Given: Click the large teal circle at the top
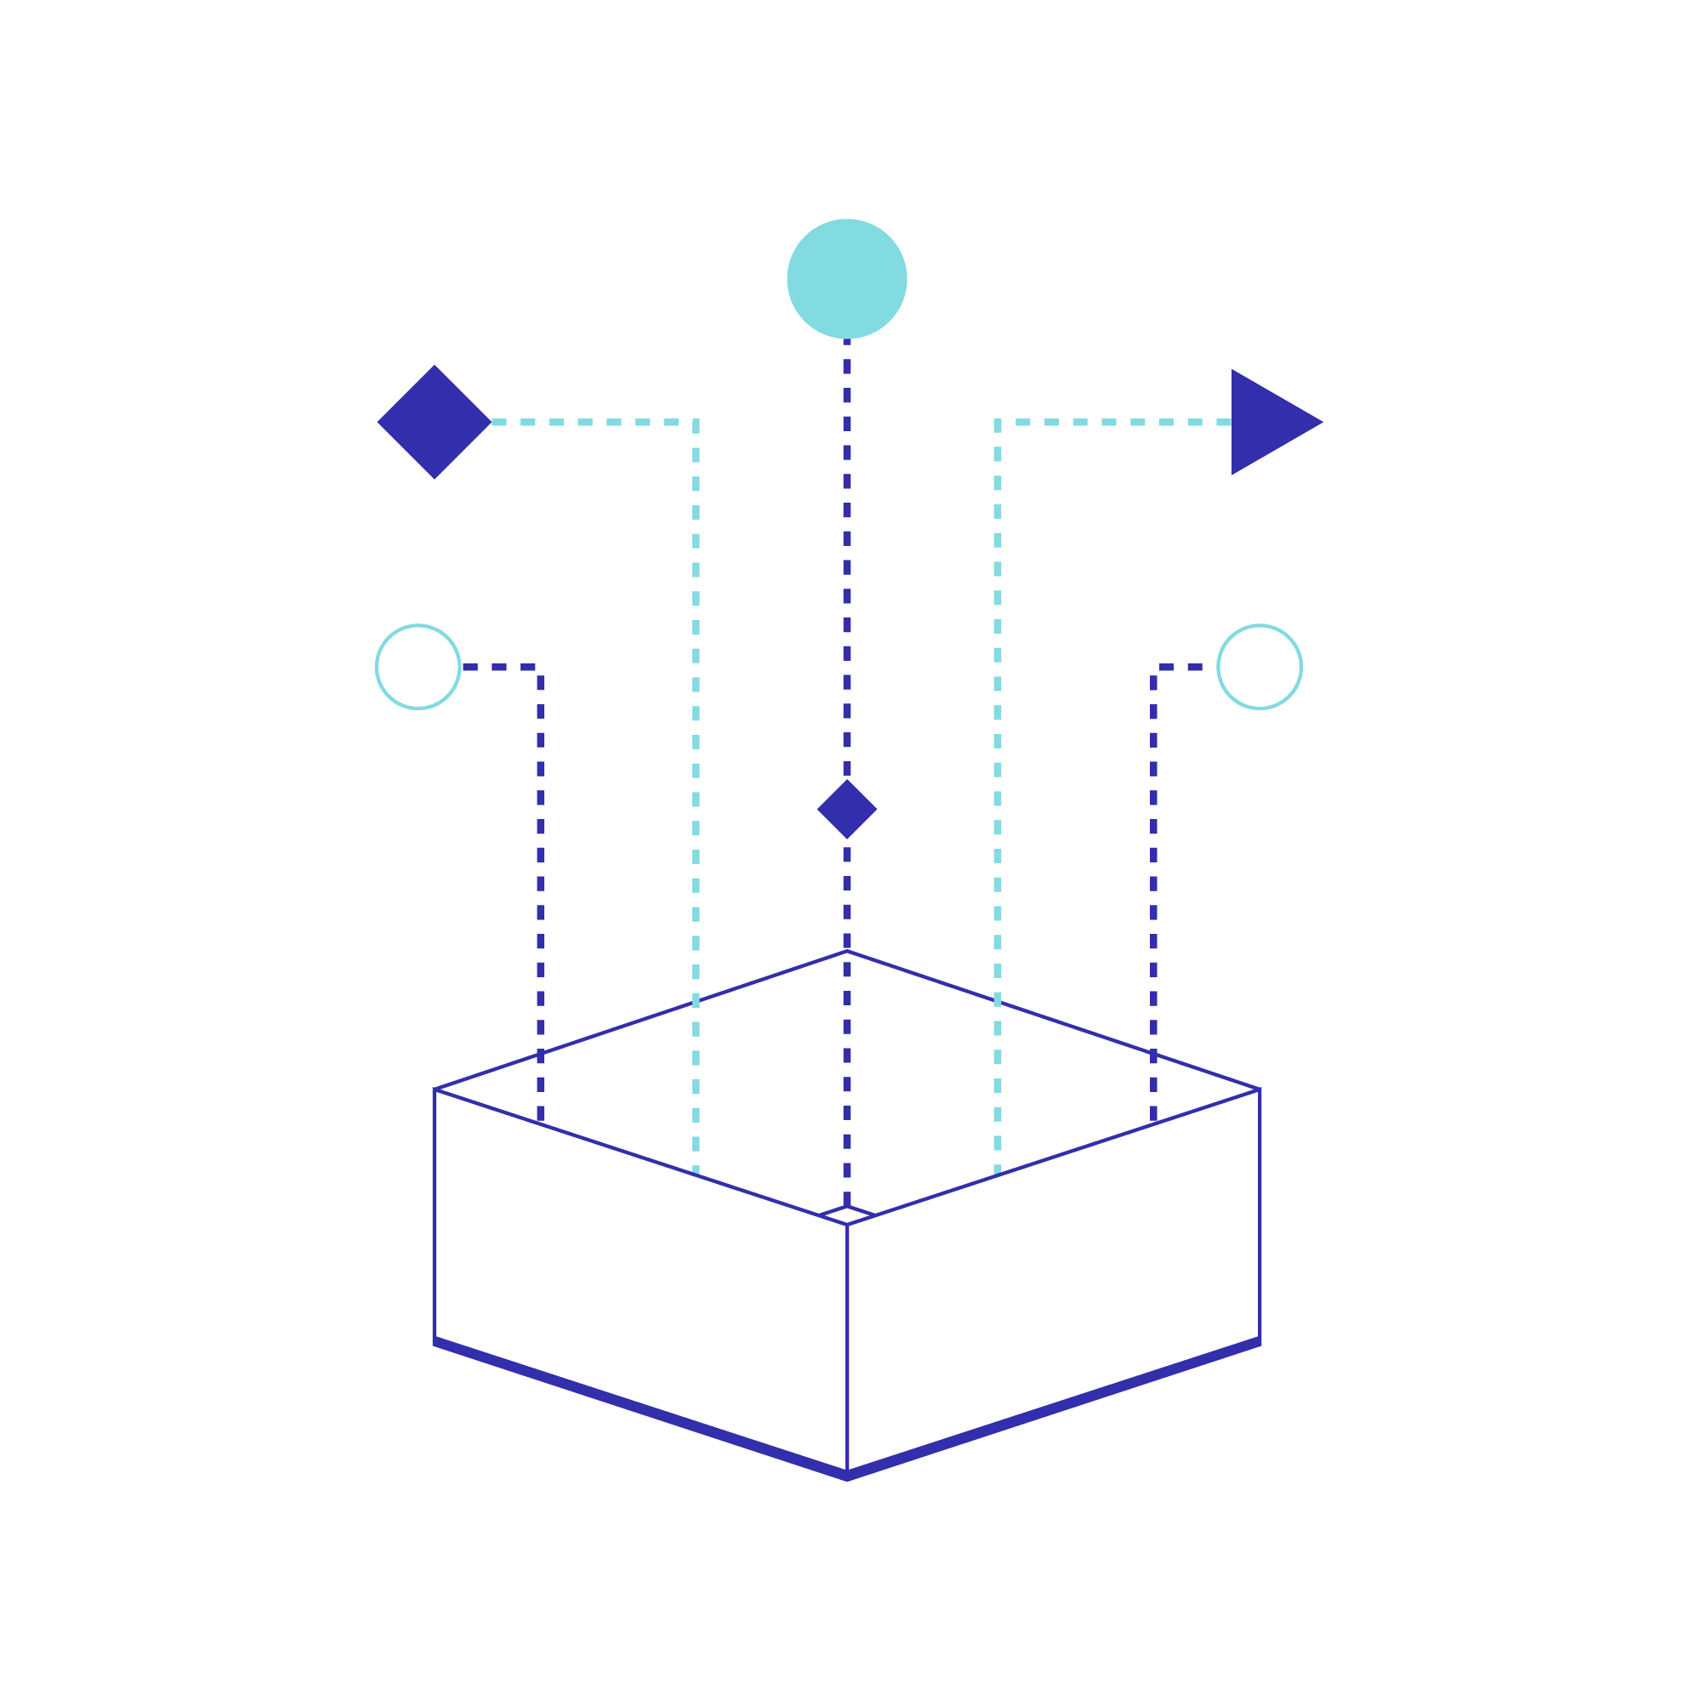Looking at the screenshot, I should pyautogui.click(x=846, y=278).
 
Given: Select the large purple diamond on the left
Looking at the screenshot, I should pyautogui.click(x=433, y=422).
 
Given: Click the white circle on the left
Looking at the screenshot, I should pyautogui.click(x=418, y=667).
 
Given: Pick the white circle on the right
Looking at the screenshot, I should pyautogui.click(x=1259, y=667).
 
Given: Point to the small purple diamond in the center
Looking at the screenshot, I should pyautogui.click(x=846, y=808).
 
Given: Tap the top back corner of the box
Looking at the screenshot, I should pyautogui.click(x=846, y=951).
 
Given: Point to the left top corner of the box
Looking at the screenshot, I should pyautogui.click(x=435, y=1090).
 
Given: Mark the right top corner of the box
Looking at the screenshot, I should pyautogui.click(x=1258, y=1090).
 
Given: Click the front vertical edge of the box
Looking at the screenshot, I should pyautogui.click(x=846, y=1347).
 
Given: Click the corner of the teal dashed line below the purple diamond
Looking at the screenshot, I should pyautogui.click(x=696, y=423).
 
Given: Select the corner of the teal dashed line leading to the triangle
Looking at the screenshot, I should pyautogui.click(x=997, y=423).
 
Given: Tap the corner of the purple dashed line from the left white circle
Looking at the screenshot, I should pyautogui.click(x=539, y=668).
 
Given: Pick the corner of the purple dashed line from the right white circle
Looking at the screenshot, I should pyautogui.click(x=1153, y=668).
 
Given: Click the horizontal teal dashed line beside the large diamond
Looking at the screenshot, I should pyautogui.click(x=590, y=422).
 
